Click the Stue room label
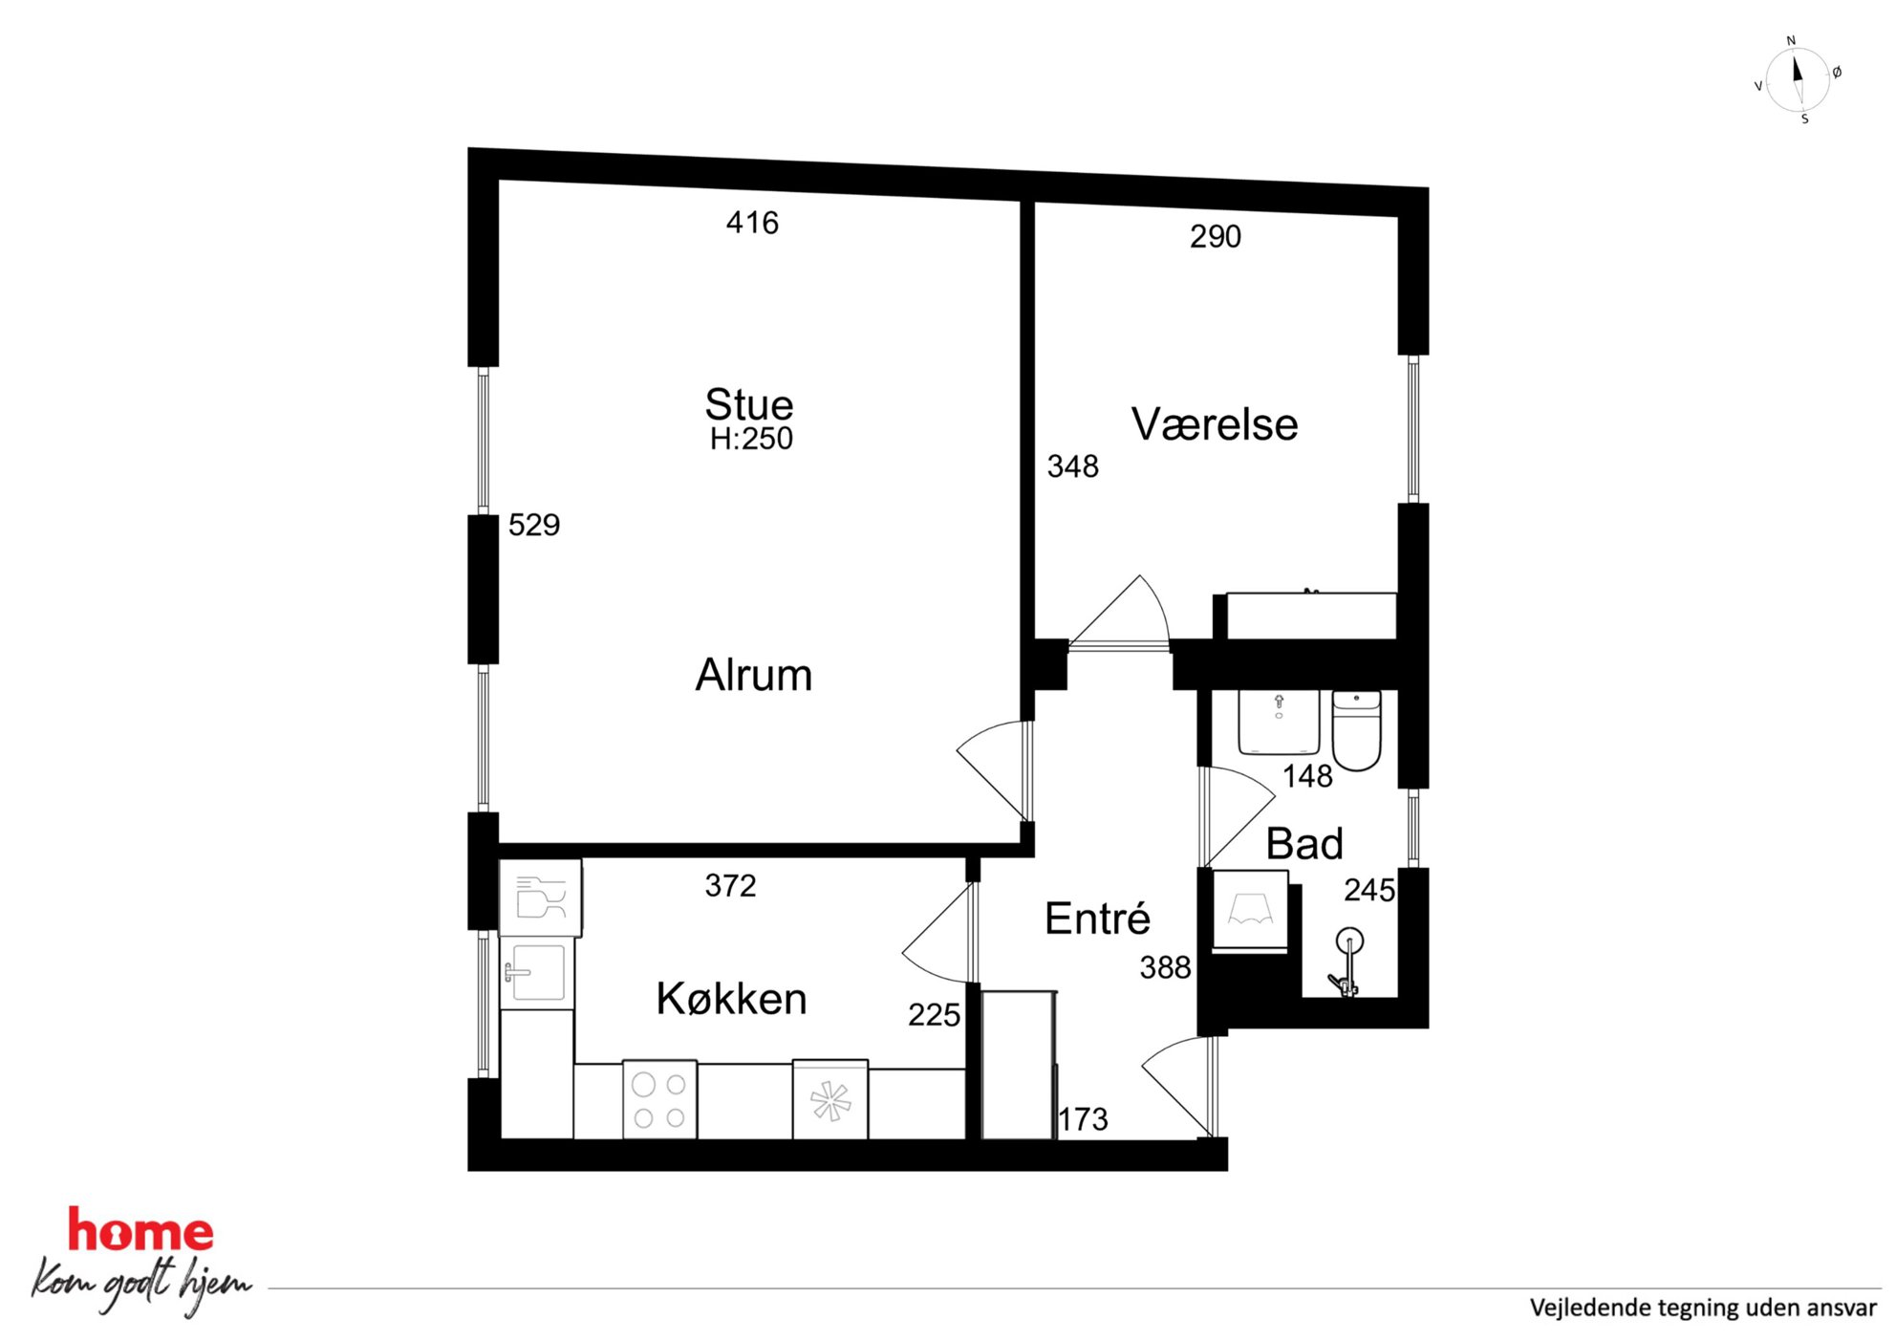click(749, 404)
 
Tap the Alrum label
click(754, 675)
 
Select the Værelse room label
click(1215, 424)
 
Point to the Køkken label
click(731, 999)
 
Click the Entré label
click(1097, 918)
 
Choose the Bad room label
click(1304, 844)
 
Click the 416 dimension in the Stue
click(752, 223)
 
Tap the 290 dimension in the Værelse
click(1216, 236)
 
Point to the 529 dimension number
click(534, 525)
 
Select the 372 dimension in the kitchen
click(731, 886)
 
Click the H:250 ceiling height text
click(751, 439)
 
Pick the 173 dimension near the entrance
click(1083, 1119)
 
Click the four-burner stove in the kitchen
click(659, 1099)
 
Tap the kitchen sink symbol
click(537, 973)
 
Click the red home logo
click(140, 1230)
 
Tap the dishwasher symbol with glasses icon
click(541, 898)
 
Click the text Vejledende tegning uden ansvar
click(1703, 1308)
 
